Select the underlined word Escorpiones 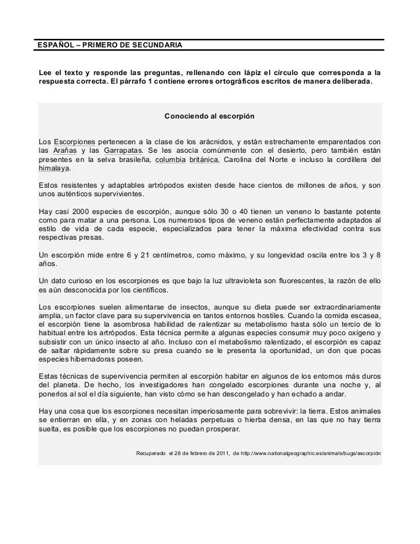74,142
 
